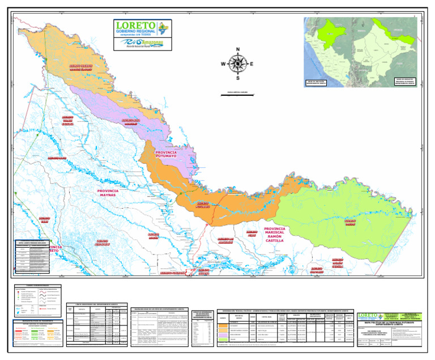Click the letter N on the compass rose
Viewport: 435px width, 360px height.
(x=237, y=48)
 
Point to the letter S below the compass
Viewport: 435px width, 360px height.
(x=238, y=78)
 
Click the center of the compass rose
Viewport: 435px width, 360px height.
(x=238, y=63)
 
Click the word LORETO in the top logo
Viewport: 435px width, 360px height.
(x=138, y=26)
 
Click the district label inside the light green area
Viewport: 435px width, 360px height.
(x=351, y=221)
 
